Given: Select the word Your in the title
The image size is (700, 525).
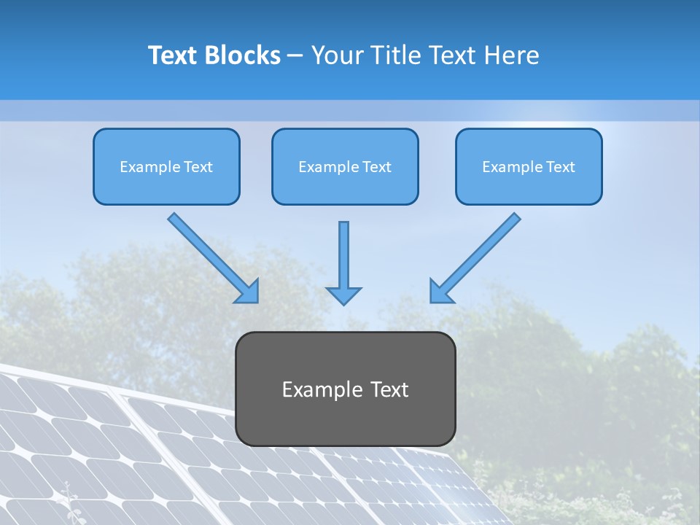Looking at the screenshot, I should [x=334, y=55].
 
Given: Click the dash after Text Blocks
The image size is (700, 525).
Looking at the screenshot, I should [x=295, y=55].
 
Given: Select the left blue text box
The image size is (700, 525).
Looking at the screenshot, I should [x=166, y=166].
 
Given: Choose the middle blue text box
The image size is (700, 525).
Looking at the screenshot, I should [x=345, y=166].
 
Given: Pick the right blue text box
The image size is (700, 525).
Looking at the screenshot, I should [x=529, y=166].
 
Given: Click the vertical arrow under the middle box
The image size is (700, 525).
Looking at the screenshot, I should [x=343, y=255].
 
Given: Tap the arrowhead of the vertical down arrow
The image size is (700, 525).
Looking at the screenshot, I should [x=343, y=295].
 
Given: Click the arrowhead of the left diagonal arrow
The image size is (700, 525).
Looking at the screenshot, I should [x=248, y=292].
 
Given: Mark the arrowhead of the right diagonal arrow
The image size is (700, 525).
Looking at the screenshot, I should [x=440, y=291].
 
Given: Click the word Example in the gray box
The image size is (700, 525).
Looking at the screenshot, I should [x=319, y=389].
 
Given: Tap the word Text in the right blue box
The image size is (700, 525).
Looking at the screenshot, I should [x=561, y=167].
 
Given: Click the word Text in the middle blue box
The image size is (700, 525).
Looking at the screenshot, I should [x=377, y=167].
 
